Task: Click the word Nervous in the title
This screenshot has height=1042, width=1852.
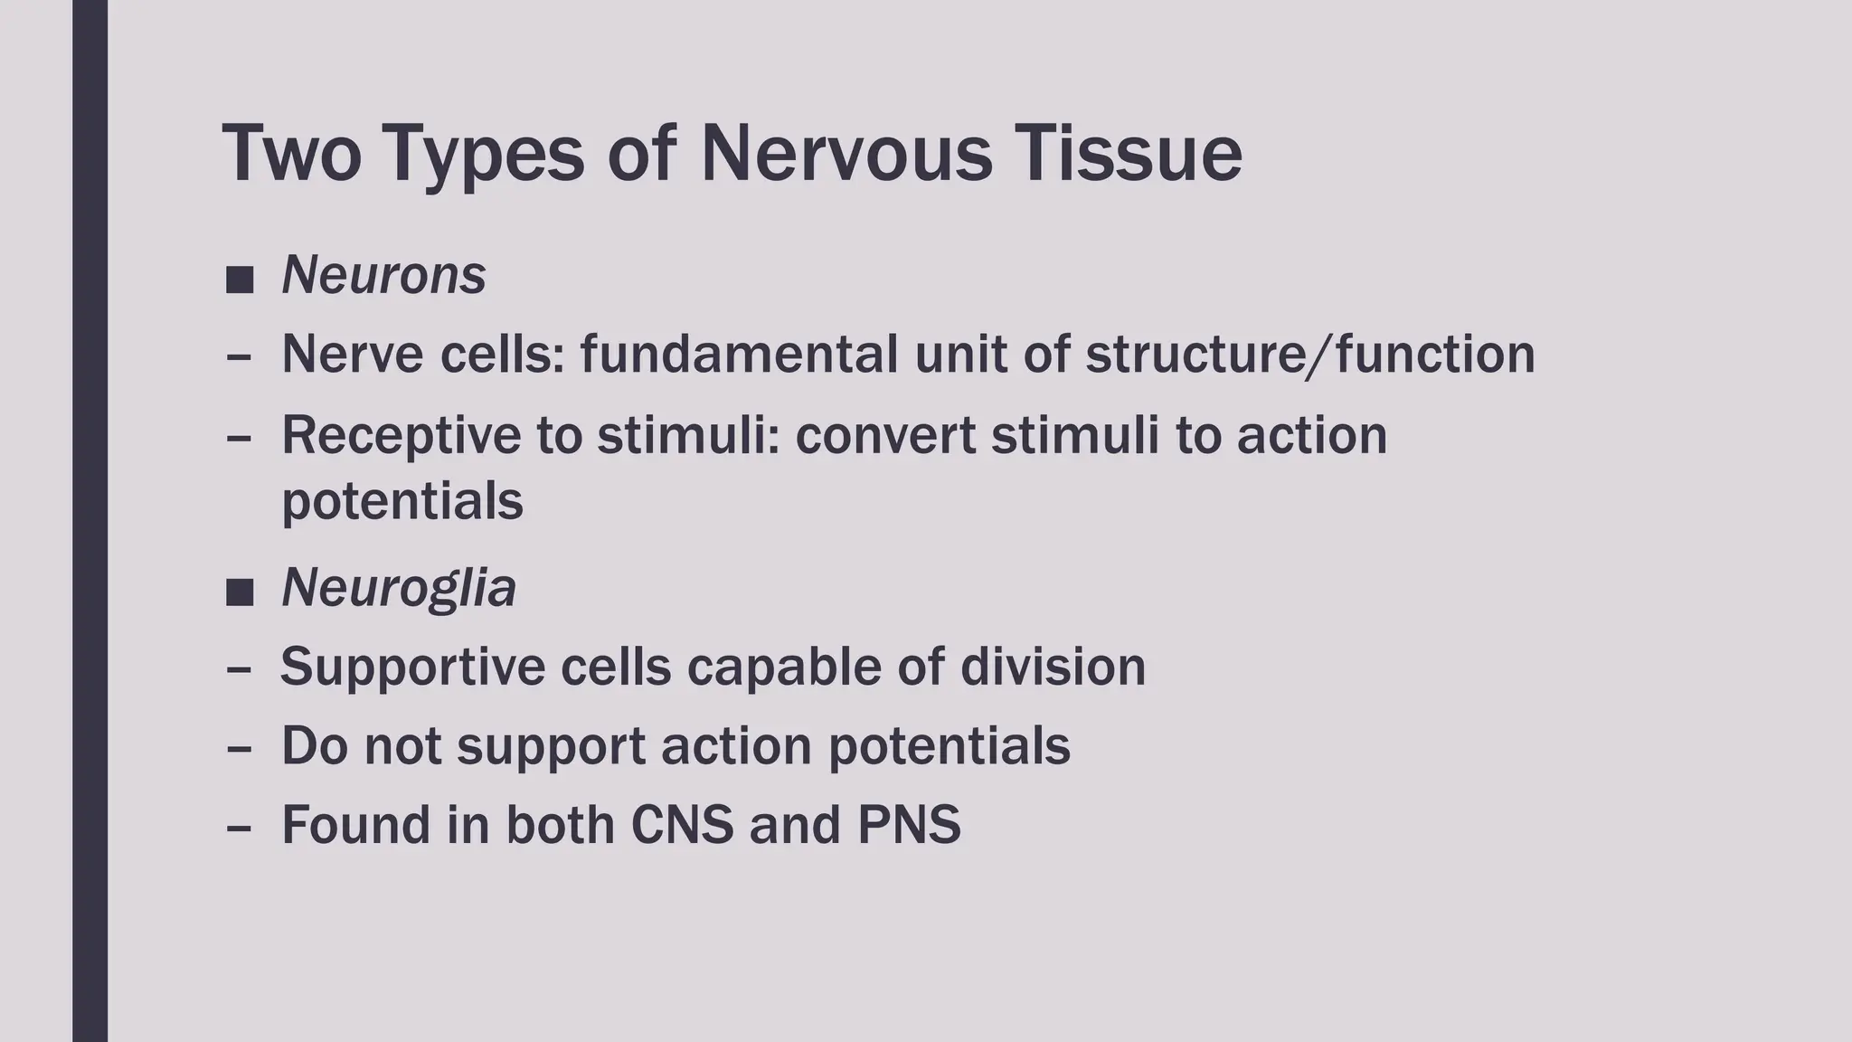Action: click(x=846, y=154)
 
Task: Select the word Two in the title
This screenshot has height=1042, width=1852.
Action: click(x=291, y=154)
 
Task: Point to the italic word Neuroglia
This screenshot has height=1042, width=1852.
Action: click(x=399, y=588)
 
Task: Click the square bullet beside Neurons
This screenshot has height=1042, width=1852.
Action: click(x=240, y=279)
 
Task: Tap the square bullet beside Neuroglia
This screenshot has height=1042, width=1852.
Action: click(x=240, y=593)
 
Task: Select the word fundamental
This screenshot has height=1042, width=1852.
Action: click(x=739, y=354)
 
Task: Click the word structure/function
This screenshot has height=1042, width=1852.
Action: click(x=1309, y=354)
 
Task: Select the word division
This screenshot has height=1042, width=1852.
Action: click(x=1053, y=667)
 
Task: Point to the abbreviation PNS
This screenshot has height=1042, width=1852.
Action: click(x=909, y=825)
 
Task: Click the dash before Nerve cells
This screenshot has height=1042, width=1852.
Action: click(x=239, y=356)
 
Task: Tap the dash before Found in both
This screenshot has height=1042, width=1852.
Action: click(x=239, y=827)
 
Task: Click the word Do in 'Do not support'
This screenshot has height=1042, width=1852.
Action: click(x=314, y=746)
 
